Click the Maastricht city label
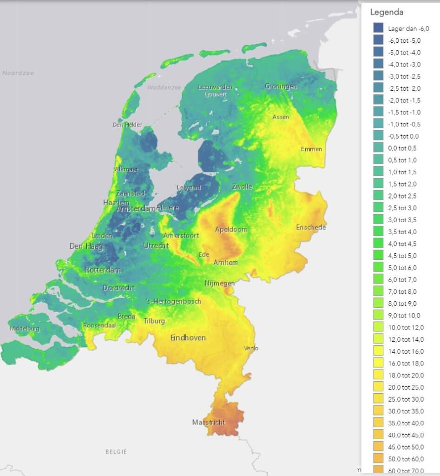coord(208,423)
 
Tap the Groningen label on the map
coord(281,86)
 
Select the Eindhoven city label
coord(188,337)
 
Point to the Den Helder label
coord(127,125)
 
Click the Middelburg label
coord(25,329)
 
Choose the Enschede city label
coord(311,227)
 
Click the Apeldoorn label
coord(231,229)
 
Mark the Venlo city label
coord(251,348)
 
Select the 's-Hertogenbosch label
coord(173,301)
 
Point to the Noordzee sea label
coord(18,73)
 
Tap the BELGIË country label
coord(116,451)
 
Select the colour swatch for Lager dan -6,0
coord(378,28)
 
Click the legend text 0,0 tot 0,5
coord(402,148)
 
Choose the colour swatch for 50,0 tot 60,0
coord(378,459)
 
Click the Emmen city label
coord(311,149)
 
